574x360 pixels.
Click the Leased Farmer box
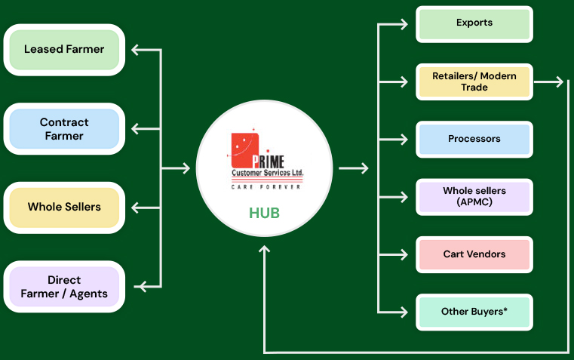click(x=64, y=50)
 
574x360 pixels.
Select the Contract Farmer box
click(x=64, y=129)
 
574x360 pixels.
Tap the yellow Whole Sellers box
click(x=64, y=207)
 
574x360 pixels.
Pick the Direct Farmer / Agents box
click(x=64, y=287)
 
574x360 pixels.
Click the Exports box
click(x=474, y=23)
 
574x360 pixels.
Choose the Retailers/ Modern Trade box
click(x=474, y=82)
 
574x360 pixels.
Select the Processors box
click(x=474, y=139)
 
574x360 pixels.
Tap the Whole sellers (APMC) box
click(x=474, y=196)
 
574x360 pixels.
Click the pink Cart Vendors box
click(x=474, y=254)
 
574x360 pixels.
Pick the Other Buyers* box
click(x=474, y=311)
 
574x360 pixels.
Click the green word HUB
click(x=264, y=214)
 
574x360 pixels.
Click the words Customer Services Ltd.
click(x=268, y=174)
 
